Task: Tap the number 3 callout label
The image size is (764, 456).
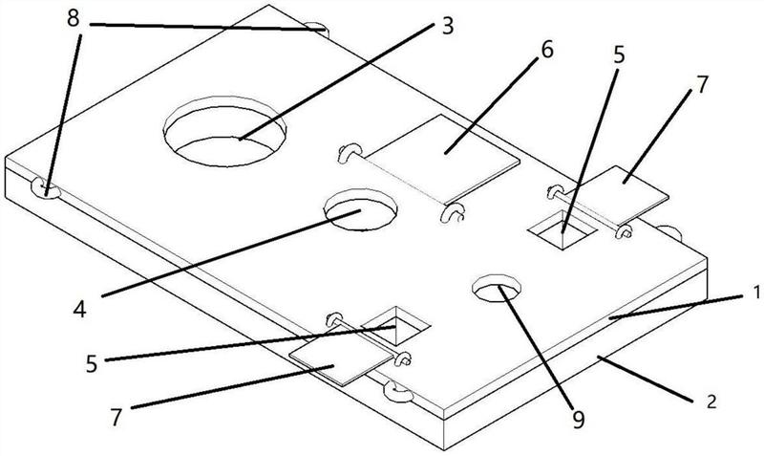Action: click(x=447, y=27)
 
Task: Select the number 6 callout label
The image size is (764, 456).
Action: click(x=547, y=50)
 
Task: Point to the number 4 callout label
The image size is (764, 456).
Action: click(x=79, y=309)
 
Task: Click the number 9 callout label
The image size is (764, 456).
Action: click(x=579, y=420)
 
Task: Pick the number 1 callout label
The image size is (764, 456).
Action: click(x=756, y=293)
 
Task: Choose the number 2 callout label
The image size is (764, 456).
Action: click(x=711, y=402)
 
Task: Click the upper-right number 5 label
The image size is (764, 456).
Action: click(x=618, y=55)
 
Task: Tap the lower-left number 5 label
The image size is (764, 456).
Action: click(x=92, y=364)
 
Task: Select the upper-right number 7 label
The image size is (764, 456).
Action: click(x=702, y=85)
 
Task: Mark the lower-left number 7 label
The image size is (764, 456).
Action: click(x=115, y=418)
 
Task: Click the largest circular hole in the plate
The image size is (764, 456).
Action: click(x=224, y=132)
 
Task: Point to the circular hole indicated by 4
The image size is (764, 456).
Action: click(x=361, y=209)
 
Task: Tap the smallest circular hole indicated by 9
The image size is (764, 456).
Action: click(x=497, y=289)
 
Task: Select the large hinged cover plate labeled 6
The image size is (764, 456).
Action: click(x=442, y=159)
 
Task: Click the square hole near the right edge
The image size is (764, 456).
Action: click(x=563, y=230)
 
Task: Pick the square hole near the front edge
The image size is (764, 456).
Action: click(x=396, y=326)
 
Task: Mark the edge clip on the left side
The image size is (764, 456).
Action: click(x=45, y=189)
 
